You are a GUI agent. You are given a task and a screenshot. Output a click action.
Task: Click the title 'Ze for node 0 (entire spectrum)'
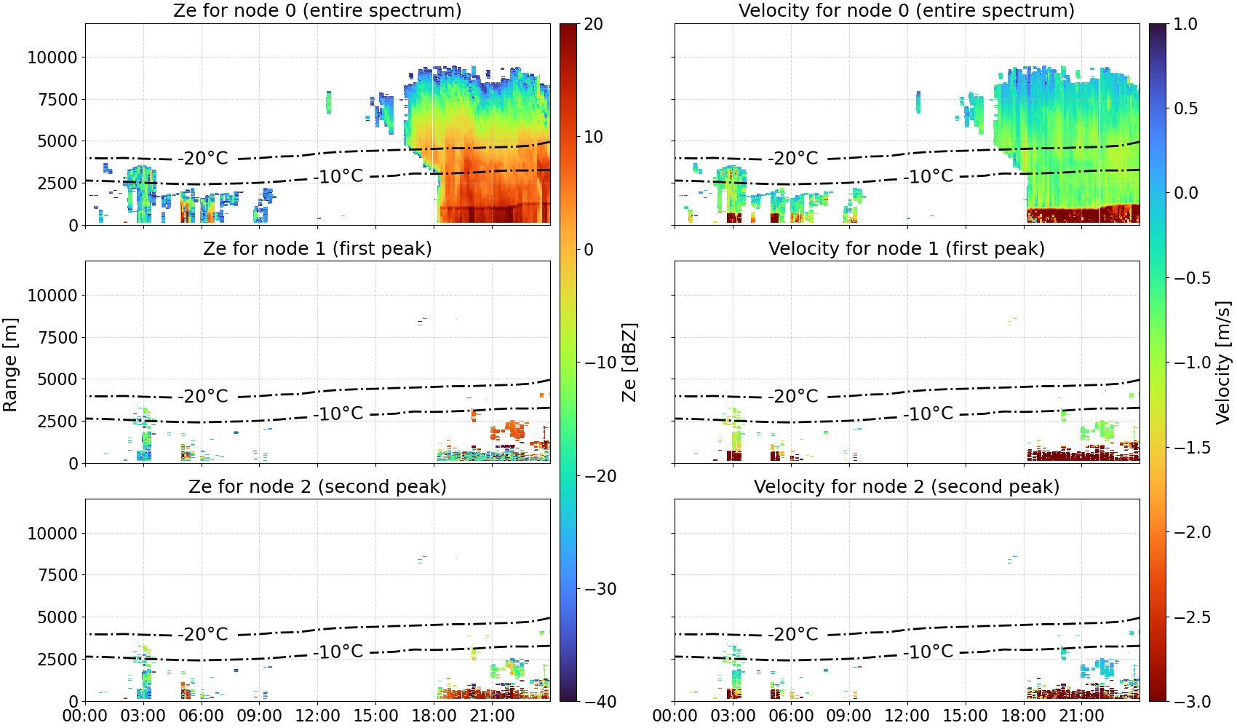tap(317, 10)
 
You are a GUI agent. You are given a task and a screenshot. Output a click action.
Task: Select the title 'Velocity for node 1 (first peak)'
tap(907, 248)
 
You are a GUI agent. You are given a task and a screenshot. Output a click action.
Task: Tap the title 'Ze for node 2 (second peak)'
tap(317, 486)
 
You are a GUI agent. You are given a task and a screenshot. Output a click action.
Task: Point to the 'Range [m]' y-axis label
tap(10, 365)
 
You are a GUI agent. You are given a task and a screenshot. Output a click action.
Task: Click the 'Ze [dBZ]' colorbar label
tap(629, 363)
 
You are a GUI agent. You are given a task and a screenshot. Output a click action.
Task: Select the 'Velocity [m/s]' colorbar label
tap(1222, 363)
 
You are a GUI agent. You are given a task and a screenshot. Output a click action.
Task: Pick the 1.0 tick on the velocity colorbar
tap(1185, 24)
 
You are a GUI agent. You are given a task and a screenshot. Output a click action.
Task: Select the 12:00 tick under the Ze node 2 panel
tap(317, 716)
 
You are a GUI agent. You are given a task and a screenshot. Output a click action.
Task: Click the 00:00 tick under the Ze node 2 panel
tap(85, 716)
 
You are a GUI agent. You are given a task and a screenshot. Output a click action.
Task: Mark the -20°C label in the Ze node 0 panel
tap(203, 159)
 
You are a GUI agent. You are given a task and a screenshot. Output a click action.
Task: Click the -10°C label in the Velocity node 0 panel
tap(928, 177)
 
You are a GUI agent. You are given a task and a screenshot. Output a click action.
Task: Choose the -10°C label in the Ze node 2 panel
tap(338, 652)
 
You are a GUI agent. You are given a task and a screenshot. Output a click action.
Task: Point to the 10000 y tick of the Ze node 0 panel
tap(52, 58)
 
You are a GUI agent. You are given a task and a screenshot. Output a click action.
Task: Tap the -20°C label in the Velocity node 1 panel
tap(792, 396)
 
